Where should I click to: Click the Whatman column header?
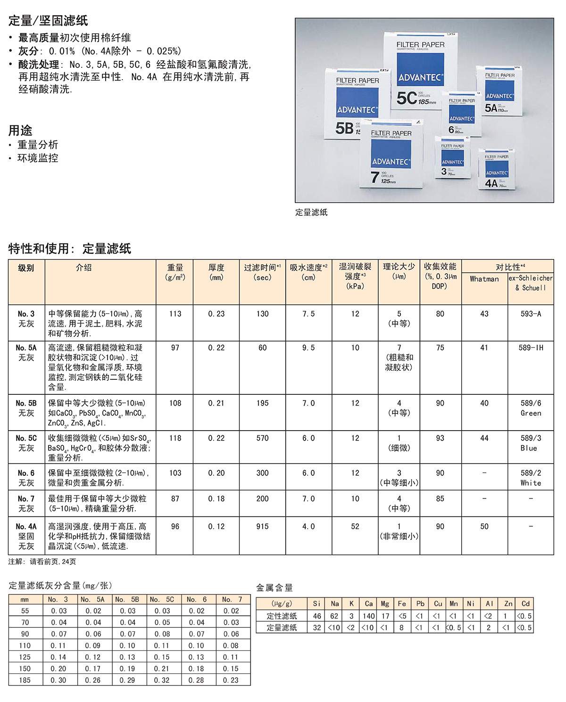click(x=484, y=279)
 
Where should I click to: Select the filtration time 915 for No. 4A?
click(x=262, y=526)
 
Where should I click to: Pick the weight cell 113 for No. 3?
click(x=175, y=314)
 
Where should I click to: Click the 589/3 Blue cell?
click(x=530, y=443)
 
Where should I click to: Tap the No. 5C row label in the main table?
click(x=26, y=443)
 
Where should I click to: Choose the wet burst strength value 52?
click(x=355, y=526)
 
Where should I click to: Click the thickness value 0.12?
click(x=216, y=526)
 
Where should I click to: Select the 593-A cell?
click(x=530, y=314)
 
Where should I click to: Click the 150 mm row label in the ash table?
click(x=25, y=669)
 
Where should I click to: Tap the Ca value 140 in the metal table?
click(x=368, y=616)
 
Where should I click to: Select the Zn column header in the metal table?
click(x=508, y=604)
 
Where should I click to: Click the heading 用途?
click(x=20, y=130)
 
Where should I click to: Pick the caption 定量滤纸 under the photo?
click(x=311, y=212)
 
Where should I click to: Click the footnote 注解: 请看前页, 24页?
click(x=42, y=562)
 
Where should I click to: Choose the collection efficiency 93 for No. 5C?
click(x=440, y=438)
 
